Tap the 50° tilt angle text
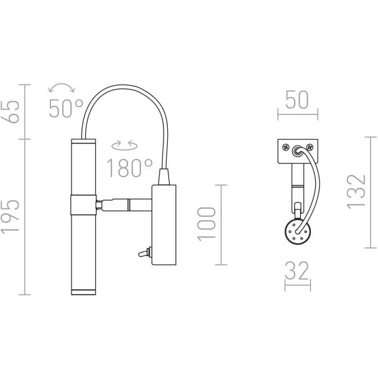click(67, 108)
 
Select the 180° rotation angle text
click(129, 168)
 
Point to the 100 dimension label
click(206, 224)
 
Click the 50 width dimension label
click(297, 100)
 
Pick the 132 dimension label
click(356, 191)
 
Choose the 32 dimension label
click(297, 270)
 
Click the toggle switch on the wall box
click(145, 253)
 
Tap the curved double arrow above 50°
click(62, 87)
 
